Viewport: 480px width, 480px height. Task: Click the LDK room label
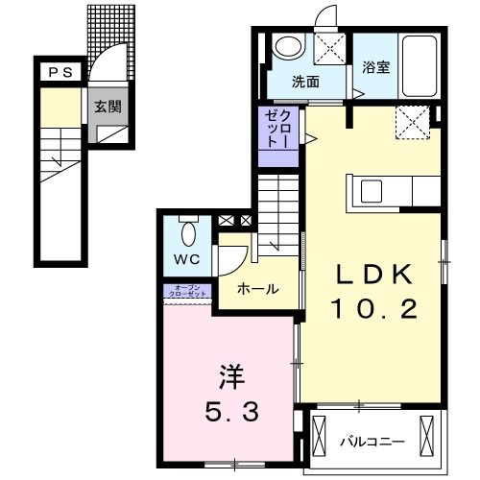(374, 275)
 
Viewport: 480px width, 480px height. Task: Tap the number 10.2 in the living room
(374, 308)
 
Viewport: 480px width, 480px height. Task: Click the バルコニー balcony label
(372, 443)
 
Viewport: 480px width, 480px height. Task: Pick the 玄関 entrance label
(107, 107)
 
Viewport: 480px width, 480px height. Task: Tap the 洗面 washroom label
(305, 82)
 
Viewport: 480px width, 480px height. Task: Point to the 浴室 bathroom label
(376, 68)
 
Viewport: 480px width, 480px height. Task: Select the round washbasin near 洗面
(287, 47)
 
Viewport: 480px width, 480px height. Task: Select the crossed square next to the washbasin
(331, 48)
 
